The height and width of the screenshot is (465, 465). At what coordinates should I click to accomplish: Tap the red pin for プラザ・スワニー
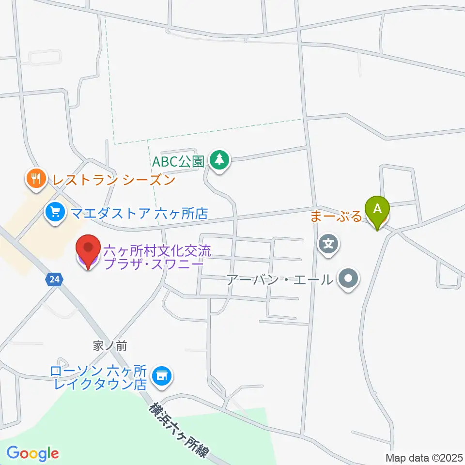pyautogui.click(x=88, y=249)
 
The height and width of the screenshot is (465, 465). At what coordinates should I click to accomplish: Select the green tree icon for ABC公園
pyautogui.click(x=220, y=159)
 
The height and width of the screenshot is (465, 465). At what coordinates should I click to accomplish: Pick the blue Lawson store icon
pyautogui.click(x=161, y=375)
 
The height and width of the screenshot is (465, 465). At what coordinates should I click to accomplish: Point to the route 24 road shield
pyautogui.click(x=54, y=279)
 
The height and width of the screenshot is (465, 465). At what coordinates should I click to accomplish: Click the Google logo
pyautogui.click(x=32, y=454)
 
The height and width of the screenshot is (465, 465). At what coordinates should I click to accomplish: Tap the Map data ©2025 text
pyautogui.click(x=424, y=457)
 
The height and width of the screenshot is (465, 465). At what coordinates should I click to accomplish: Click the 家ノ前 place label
pyautogui.click(x=110, y=346)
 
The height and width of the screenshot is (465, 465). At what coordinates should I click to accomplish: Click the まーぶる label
pyautogui.click(x=336, y=217)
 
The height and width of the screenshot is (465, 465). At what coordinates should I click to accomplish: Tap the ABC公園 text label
pyautogui.click(x=178, y=161)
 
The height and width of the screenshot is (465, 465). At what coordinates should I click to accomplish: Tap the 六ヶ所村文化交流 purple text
pyautogui.click(x=157, y=251)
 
